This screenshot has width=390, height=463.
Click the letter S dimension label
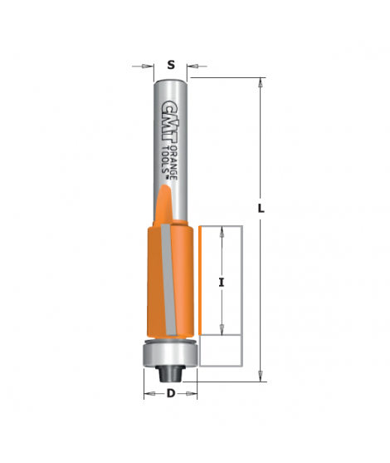point(171,64)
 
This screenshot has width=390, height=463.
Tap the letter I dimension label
point(222,283)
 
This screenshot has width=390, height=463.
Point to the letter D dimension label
point(171,393)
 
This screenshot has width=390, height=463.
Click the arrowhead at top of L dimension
point(261,82)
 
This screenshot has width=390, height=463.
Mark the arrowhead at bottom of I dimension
point(222,330)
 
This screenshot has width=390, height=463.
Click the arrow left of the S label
point(148,64)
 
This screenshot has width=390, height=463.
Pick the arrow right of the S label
point(194,64)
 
